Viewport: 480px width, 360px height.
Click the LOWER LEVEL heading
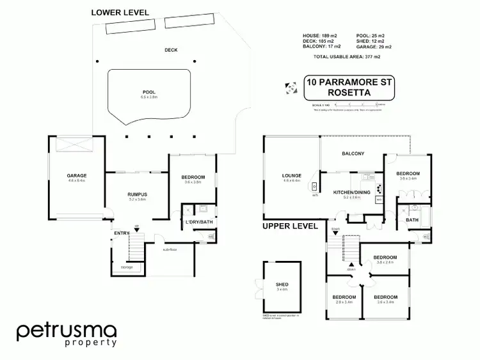pyautogui.click(x=120, y=12)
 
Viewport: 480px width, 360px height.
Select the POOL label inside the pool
pyautogui.click(x=148, y=91)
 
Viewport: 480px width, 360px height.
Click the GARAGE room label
pyautogui.click(x=77, y=175)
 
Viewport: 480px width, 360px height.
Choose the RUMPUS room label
pyautogui.click(x=137, y=194)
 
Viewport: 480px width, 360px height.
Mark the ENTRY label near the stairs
pyautogui.click(x=122, y=233)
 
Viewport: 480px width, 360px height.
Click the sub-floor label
pyautogui.click(x=169, y=249)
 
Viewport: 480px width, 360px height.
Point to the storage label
pyautogui.click(x=127, y=267)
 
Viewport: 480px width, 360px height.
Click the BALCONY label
pyautogui.click(x=353, y=153)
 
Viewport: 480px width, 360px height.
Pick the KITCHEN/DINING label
pyautogui.click(x=353, y=192)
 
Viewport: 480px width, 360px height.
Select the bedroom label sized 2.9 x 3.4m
pyautogui.click(x=344, y=297)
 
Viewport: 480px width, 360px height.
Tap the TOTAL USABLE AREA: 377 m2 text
pyautogui.click(x=347, y=57)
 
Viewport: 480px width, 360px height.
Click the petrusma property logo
pyautogui.click(x=67, y=334)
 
